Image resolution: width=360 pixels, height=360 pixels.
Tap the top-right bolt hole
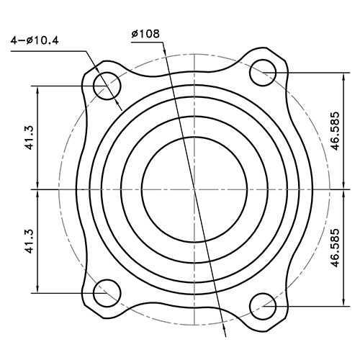coord(264,71)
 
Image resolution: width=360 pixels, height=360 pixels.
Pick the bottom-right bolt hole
coord(264,306)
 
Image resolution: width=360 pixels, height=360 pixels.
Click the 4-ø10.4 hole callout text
coord(35,40)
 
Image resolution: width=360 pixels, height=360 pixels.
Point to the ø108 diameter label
coord(146,34)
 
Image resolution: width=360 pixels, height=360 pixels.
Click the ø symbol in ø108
coord(135,34)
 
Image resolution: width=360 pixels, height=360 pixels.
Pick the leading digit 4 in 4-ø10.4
coord(14,40)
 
